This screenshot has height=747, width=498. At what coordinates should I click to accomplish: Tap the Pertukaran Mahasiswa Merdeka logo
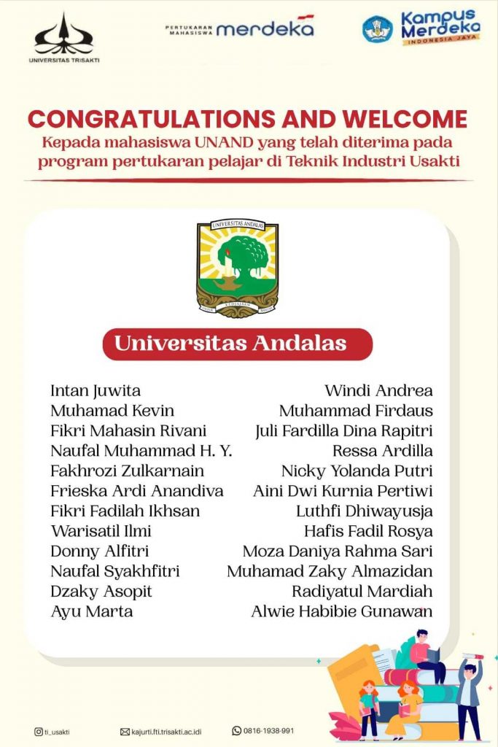[240, 28]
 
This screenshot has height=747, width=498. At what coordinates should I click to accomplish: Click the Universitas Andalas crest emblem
[238, 268]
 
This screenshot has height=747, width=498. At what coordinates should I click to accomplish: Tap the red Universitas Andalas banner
[238, 344]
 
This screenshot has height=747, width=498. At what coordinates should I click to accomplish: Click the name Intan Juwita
[96, 390]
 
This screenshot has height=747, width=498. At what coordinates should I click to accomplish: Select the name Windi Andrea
[378, 390]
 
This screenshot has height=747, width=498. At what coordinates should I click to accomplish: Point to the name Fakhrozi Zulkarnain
[128, 471]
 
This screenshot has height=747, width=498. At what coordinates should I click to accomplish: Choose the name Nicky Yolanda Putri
[357, 471]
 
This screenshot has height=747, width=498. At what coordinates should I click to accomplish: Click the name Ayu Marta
[92, 611]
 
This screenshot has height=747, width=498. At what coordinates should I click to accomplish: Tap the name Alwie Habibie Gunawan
[341, 611]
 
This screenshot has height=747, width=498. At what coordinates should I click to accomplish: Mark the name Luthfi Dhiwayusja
[364, 511]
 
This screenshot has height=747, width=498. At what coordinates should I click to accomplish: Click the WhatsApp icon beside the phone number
[236, 730]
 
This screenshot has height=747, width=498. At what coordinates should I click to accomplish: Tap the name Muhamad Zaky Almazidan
[330, 571]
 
